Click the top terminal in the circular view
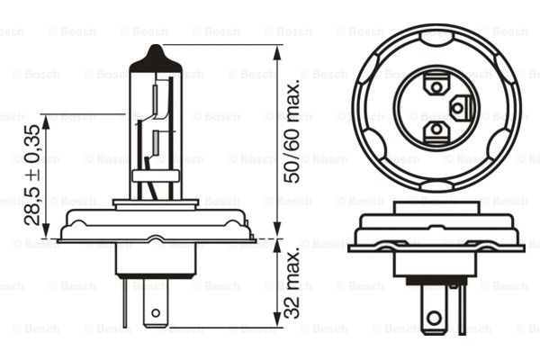click(x=436, y=85)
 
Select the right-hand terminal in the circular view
click(x=460, y=108)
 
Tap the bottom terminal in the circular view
click(x=436, y=131)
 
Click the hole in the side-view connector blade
click(x=155, y=314)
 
